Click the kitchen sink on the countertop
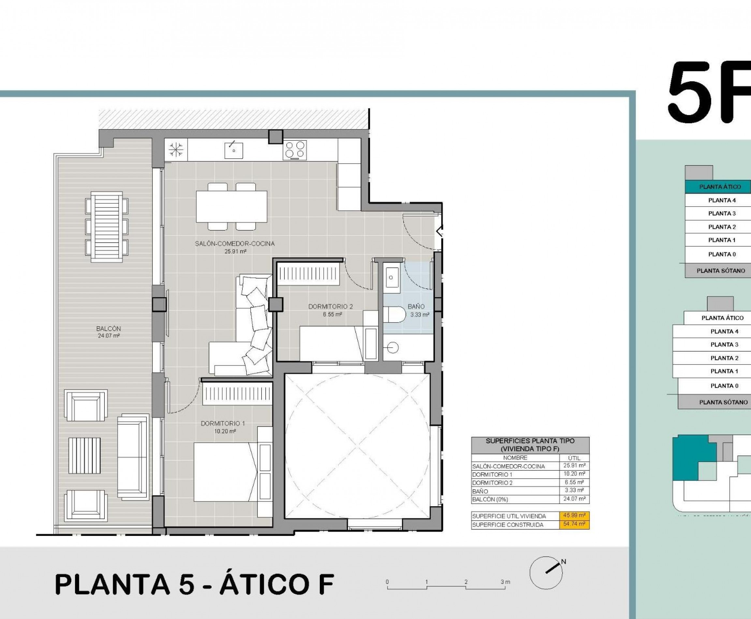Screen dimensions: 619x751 pyautogui.click(x=234, y=150)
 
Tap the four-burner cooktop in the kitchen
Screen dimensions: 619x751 pyautogui.click(x=295, y=150)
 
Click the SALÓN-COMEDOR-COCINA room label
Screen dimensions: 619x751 pyautogui.click(x=234, y=244)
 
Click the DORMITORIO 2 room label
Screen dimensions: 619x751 pyautogui.click(x=331, y=306)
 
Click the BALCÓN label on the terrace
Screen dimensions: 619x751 pyautogui.click(x=109, y=328)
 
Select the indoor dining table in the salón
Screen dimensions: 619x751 pyautogui.click(x=231, y=207)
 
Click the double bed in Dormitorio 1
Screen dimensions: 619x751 pyautogui.click(x=225, y=472)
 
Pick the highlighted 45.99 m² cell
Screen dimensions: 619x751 pyautogui.click(x=574, y=515)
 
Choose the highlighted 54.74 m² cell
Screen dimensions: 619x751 pyautogui.click(x=574, y=524)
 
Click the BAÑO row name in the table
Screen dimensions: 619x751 pyautogui.click(x=480, y=491)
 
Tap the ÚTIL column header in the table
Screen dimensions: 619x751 pyautogui.click(x=574, y=458)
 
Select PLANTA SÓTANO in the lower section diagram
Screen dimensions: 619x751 pyautogui.click(x=723, y=402)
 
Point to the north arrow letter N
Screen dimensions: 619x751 pyautogui.click(x=564, y=562)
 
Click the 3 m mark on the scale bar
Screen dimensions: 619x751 pyautogui.click(x=505, y=582)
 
